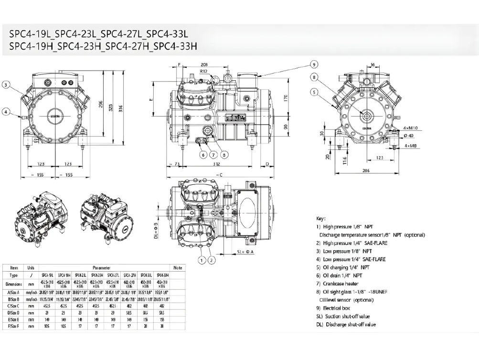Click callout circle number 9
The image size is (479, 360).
(x=314, y=64)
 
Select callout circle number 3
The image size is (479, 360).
(x=5, y=85)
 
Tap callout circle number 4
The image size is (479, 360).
(x=5, y=112)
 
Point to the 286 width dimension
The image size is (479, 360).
(x=366, y=170)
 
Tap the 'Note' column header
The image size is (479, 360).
(x=178, y=268)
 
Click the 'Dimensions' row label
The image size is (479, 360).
(x=14, y=284)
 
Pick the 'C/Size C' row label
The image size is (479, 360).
(x=14, y=306)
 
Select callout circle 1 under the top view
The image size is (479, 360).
(x=202, y=260)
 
